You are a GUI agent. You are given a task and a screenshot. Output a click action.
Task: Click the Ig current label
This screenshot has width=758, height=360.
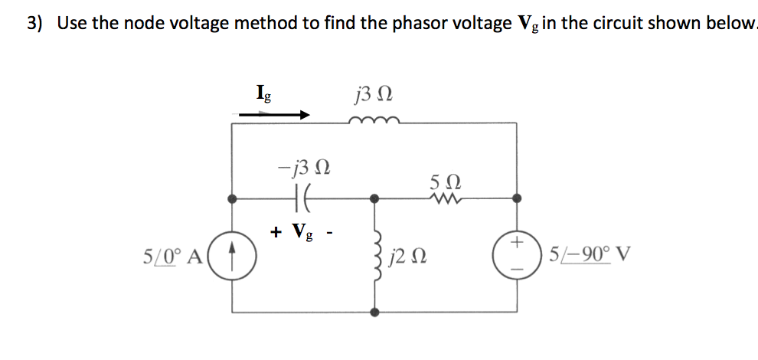coord(261,96)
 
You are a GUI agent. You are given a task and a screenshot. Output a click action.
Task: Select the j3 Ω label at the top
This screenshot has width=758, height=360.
coord(374,96)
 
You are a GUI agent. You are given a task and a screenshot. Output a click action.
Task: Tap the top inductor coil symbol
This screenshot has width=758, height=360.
coord(373,120)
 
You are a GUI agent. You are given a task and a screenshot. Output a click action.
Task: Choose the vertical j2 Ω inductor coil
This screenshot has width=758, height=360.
coord(375,255)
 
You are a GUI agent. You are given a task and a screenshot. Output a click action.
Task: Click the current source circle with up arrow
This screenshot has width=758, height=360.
coord(233,254)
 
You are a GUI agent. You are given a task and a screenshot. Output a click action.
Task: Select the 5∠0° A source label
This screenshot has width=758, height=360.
coord(172,255)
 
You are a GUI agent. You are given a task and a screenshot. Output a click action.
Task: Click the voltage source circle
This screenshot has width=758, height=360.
coord(518,254)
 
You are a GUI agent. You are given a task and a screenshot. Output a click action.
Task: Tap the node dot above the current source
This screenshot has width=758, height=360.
coord(233,198)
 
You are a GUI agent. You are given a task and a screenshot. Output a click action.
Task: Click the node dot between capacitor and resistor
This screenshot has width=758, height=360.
coord(374,198)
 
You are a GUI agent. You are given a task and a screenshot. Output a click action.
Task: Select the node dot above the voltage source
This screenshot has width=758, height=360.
coord(518,198)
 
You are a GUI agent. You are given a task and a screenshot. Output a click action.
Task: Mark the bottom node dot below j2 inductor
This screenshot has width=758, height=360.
coord(374,313)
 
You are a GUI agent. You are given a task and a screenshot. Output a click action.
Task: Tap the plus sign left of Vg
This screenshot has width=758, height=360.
coord(275,231)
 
